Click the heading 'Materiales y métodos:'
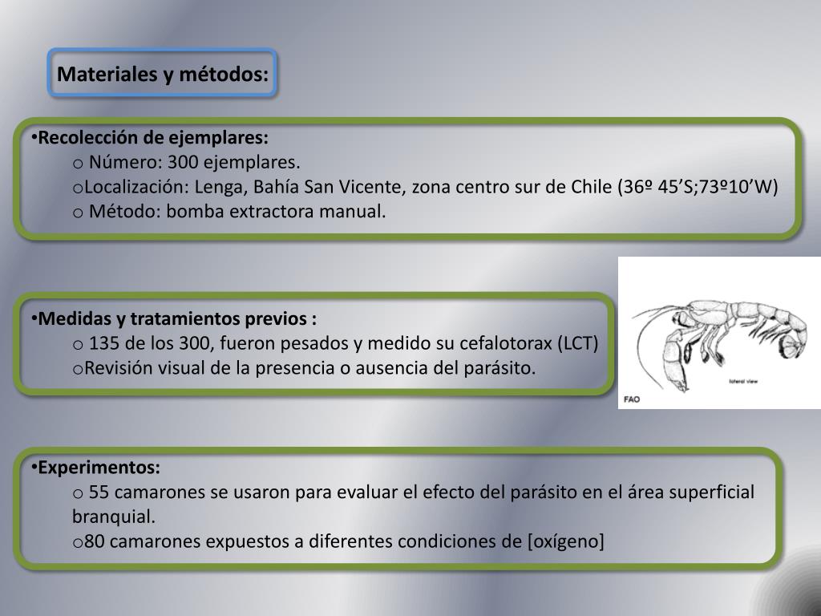(x=163, y=75)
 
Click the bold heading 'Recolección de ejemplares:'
(x=153, y=137)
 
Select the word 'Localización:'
(x=133, y=188)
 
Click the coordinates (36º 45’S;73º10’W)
(x=698, y=188)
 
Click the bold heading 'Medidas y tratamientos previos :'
(x=177, y=318)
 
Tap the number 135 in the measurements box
(x=103, y=344)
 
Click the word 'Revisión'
(x=119, y=369)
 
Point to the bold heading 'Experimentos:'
(x=99, y=467)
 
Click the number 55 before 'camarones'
(x=99, y=492)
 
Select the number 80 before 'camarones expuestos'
(x=95, y=541)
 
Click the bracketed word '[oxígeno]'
(x=566, y=541)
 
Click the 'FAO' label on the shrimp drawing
(x=632, y=399)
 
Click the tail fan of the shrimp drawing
(x=792, y=345)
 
